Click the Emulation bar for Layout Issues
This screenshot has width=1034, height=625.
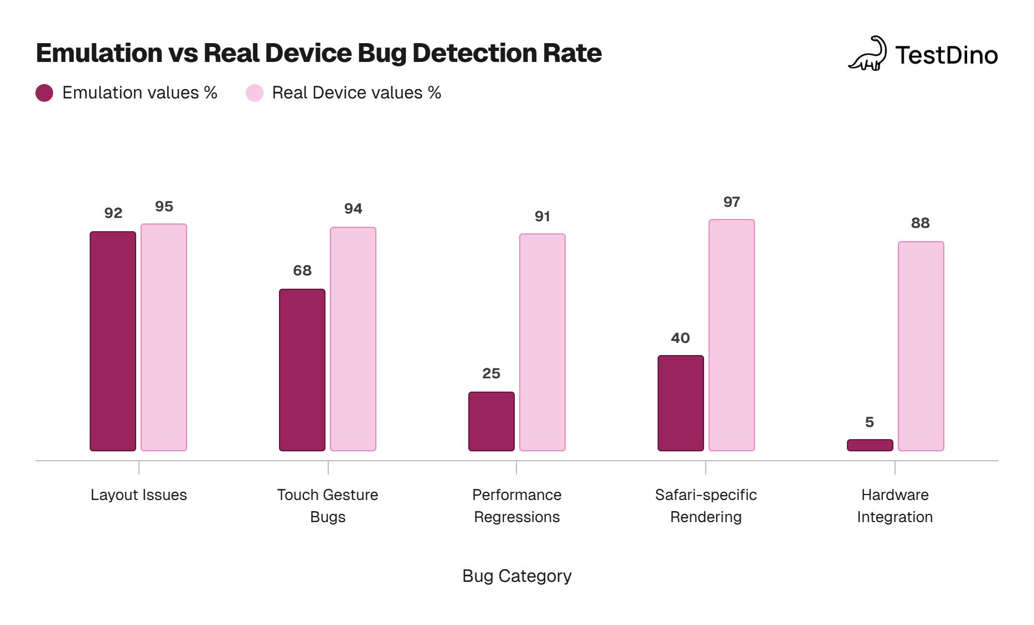(x=113, y=341)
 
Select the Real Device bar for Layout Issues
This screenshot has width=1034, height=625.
(x=164, y=337)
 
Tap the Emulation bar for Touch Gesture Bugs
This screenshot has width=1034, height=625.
(x=302, y=369)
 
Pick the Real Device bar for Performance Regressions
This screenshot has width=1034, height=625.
(x=542, y=342)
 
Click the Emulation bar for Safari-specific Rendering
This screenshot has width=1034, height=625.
(x=681, y=403)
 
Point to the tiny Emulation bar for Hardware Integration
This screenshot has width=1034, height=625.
(x=870, y=445)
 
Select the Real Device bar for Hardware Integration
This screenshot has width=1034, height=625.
(x=921, y=346)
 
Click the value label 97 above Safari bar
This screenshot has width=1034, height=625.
(x=732, y=202)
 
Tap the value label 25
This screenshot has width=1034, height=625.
(x=491, y=373)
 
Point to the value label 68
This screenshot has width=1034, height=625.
(x=302, y=270)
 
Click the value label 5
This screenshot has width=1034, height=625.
(x=870, y=422)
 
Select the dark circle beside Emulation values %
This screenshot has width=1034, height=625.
(x=44, y=93)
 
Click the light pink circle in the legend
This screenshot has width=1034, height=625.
(x=255, y=93)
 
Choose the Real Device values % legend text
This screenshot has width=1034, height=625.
(x=356, y=93)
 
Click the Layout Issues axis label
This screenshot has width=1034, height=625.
(x=139, y=494)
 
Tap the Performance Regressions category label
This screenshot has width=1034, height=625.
(x=517, y=506)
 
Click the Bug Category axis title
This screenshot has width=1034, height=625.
(x=517, y=576)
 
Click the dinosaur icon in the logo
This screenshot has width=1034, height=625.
(x=867, y=54)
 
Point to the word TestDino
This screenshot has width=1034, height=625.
(x=947, y=55)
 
